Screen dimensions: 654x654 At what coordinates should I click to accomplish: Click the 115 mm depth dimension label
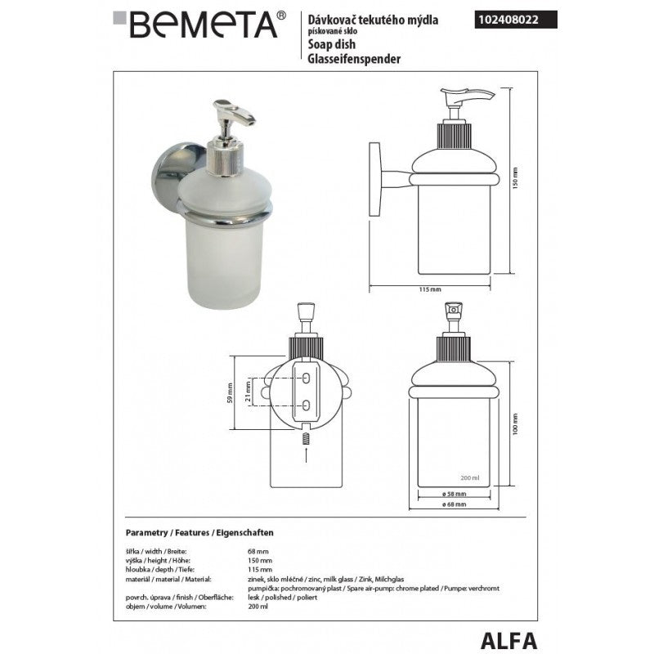point(429,290)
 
